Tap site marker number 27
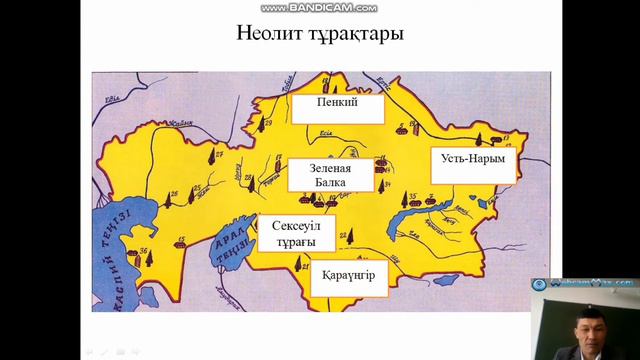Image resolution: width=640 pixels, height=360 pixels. pyautogui.click(x=212, y=154)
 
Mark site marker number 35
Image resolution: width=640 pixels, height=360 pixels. pyautogui.click(x=408, y=199)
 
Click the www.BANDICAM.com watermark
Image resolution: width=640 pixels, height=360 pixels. pyautogui.click(x=319, y=7)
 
